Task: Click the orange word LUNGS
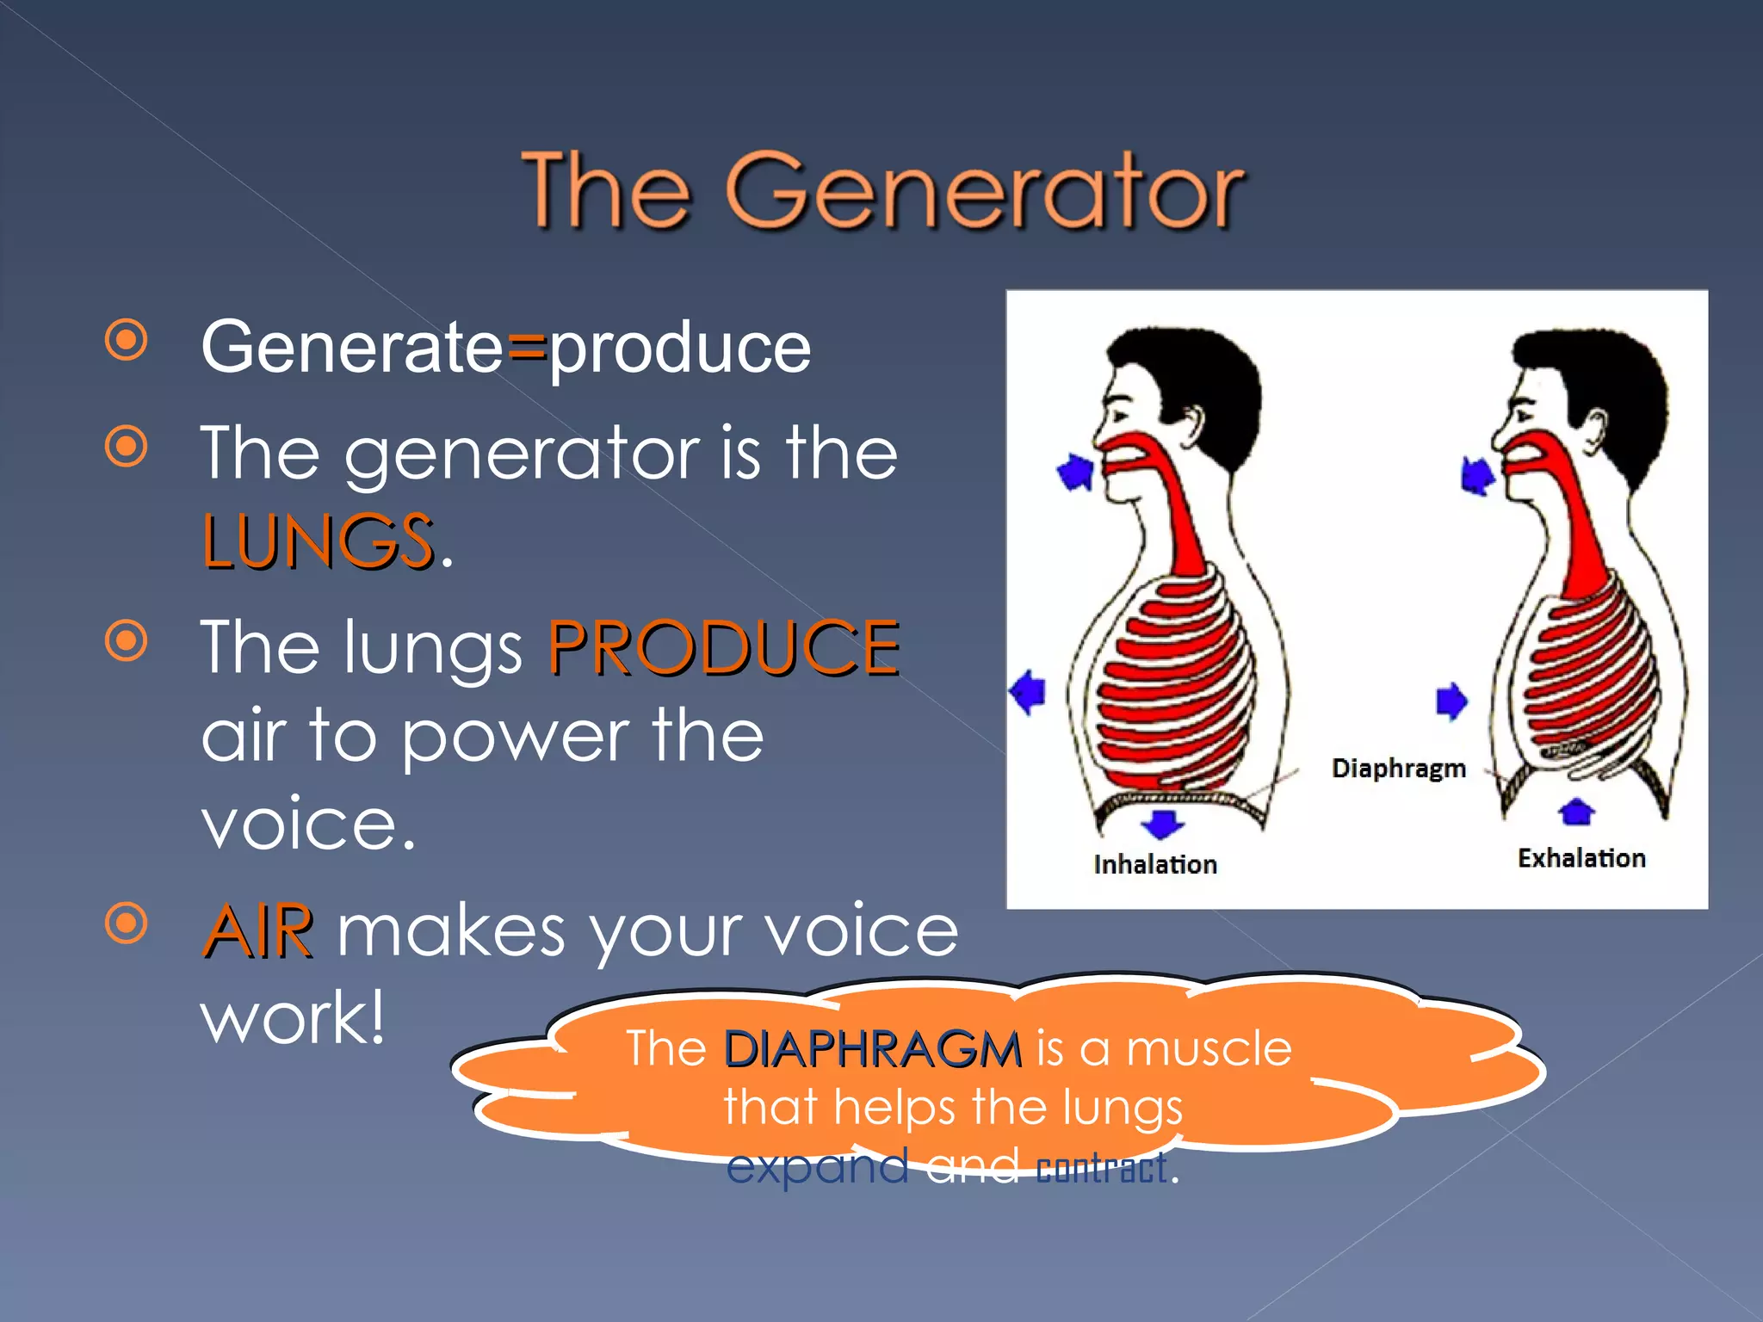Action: (317, 541)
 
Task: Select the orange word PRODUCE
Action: (724, 647)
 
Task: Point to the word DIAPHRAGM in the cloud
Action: (872, 1049)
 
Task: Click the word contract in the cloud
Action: (1102, 1169)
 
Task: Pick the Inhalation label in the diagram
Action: (1155, 864)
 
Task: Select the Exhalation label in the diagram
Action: (1581, 858)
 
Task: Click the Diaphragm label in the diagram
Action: (1398, 768)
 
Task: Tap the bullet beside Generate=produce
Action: (127, 341)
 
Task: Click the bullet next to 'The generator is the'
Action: (127, 447)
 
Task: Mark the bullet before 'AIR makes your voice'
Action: (127, 924)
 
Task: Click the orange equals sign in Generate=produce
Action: (527, 349)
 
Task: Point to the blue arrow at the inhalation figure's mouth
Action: (1075, 472)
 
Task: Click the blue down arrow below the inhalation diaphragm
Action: (1162, 823)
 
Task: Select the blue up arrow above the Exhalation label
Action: (1576, 811)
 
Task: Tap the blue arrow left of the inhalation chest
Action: (1027, 692)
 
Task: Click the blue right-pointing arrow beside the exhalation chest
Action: (1451, 701)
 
